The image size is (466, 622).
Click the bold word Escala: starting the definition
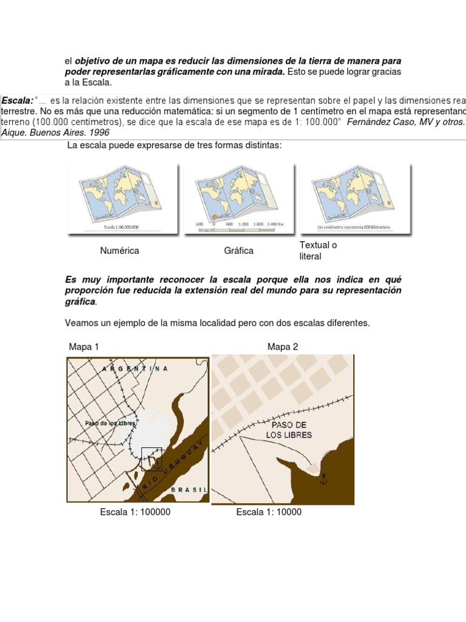[18, 99]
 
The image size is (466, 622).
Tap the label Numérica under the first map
[120, 250]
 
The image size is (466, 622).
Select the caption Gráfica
[238, 250]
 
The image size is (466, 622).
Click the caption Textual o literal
[318, 250]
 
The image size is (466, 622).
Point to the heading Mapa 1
[84, 346]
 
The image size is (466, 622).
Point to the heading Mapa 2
[282, 346]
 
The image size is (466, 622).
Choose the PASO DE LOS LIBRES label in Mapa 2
[289, 430]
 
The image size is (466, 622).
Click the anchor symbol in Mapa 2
[323, 478]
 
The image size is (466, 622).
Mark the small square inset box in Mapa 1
[151, 459]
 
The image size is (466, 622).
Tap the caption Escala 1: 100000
[135, 512]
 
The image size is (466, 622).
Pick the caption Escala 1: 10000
[269, 512]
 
